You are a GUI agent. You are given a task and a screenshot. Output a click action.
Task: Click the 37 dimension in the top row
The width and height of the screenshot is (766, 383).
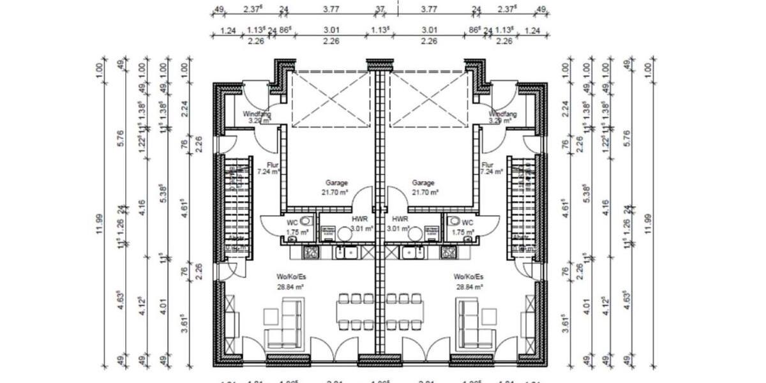[380, 9]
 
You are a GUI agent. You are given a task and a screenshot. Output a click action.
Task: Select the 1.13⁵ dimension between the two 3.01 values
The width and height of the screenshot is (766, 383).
[380, 30]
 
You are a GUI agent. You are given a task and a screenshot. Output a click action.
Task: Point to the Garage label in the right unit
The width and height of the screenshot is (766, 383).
[424, 183]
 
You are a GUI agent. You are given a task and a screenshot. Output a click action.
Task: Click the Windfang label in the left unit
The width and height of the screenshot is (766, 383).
[257, 114]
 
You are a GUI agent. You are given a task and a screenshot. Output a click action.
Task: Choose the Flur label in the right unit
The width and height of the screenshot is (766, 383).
[488, 165]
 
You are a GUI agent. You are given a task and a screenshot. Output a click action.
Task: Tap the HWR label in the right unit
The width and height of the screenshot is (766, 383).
[400, 218]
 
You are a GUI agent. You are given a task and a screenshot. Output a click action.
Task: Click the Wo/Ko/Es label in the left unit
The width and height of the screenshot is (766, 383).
[290, 277]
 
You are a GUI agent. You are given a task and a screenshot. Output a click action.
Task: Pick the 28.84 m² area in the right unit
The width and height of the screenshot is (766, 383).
[469, 287]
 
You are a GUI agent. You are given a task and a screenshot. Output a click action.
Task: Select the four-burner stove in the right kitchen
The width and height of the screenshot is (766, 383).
[450, 253]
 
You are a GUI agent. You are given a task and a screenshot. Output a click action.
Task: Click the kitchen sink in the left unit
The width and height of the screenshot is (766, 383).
[349, 253]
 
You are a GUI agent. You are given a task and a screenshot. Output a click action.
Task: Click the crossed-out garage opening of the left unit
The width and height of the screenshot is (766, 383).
[328, 99]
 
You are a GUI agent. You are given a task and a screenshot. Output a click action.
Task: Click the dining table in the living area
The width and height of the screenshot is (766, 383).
[381, 312]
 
